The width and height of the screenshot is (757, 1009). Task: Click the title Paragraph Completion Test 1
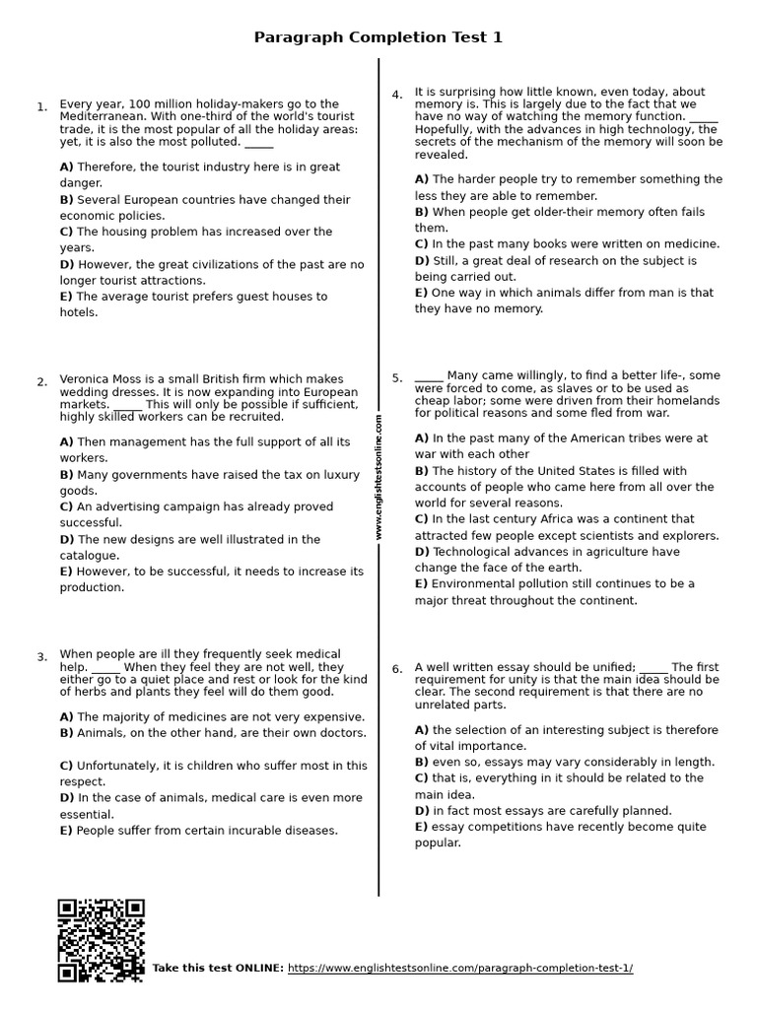378,37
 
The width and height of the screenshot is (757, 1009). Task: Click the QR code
101,940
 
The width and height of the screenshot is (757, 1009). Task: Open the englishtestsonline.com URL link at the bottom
460,968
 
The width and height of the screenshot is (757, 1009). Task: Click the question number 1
41,107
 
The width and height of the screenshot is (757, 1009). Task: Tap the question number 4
396,96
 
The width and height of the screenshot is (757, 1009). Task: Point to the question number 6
396,669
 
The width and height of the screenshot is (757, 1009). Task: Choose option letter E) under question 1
66,297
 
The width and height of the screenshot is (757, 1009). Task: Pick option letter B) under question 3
66,733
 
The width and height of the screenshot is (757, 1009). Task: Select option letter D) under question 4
422,261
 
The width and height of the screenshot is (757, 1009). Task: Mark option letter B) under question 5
422,471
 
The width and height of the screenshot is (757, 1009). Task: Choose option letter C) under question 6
422,778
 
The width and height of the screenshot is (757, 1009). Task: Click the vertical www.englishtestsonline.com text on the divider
378,477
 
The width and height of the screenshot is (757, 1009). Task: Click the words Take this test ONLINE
218,969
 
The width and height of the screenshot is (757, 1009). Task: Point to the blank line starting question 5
429,376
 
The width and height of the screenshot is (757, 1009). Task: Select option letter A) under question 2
66,442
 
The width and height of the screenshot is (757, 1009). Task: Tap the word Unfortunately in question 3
119,766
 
